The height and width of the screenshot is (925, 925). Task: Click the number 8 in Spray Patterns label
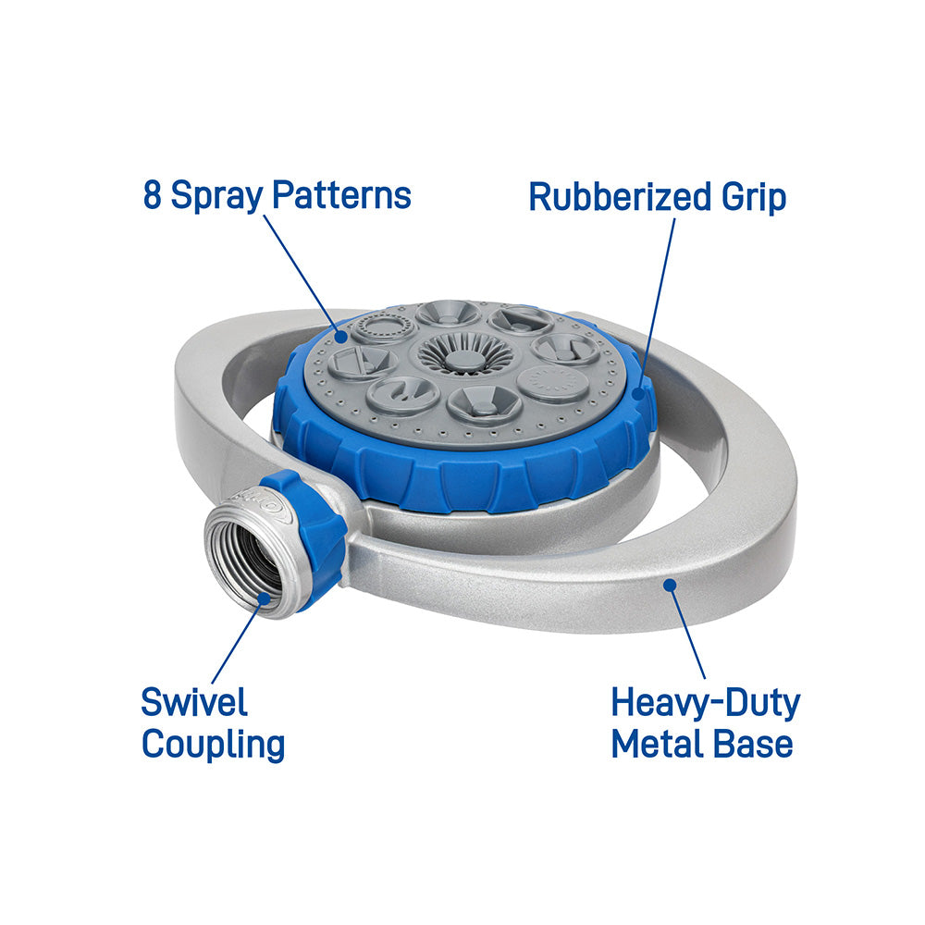(x=153, y=194)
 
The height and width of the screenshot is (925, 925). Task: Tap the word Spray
(x=216, y=197)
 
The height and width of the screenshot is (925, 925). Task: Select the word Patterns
(x=341, y=194)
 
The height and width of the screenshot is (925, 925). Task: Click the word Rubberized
(x=620, y=196)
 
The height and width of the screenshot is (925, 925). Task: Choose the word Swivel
(x=194, y=702)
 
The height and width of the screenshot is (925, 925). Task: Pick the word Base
(x=752, y=744)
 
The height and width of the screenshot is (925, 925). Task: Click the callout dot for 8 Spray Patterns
(x=341, y=337)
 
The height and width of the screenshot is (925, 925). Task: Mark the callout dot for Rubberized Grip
(x=638, y=393)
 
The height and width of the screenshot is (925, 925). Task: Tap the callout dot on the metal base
(x=670, y=585)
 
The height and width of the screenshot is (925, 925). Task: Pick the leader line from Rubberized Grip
(x=657, y=306)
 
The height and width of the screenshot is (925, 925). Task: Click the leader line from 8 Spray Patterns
(x=302, y=276)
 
